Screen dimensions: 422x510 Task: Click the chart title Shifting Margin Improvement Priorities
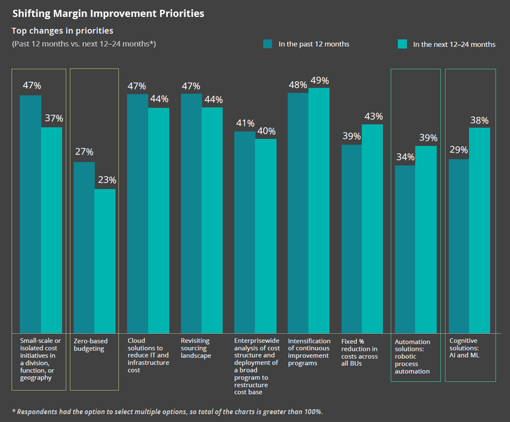coord(108,14)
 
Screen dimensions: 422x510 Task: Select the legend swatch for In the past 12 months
coord(268,44)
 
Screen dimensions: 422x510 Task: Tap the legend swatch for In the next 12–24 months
coord(402,44)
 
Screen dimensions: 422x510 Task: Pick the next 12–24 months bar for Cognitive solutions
coord(479,230)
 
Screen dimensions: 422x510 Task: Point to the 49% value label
coord(319,81)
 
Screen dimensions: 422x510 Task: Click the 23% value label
coord(105,180)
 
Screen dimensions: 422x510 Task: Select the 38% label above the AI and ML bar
coord(479,121)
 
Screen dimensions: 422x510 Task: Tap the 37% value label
coord(52,118)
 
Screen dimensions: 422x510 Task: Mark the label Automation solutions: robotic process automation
coord(412,356)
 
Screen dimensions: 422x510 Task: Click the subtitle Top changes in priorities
coord(63,31)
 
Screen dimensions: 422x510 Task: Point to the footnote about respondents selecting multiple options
coord(167,411)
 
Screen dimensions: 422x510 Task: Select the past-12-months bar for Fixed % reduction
coord(351,239)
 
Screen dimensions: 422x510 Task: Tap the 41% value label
coord(244,123)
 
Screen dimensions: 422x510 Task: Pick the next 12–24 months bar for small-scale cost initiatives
coord(52,230)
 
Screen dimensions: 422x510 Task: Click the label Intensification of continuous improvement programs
coord(309,352)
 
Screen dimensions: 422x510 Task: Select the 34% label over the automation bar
coord(405,157)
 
